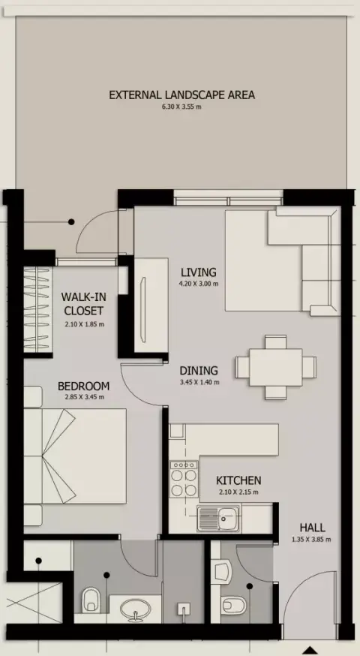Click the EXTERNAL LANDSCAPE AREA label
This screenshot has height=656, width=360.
pyautogui.click(x=182, y=95)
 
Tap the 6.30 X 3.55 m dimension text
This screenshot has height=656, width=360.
pyautogui.click(x=182, y=107)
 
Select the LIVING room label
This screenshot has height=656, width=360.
pyautogui.click(x=199, y=272)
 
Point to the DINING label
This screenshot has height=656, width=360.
pyautogui.click(x=199, y=371)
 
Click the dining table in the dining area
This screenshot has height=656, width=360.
pyautogui.click(x=275, y=367)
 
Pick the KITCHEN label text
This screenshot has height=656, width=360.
pyautogui.click(x=238, y=480)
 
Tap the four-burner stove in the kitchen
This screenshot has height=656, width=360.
pyautogui.click(x=184, y=479)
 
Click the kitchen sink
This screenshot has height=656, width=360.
pyautogui.click(x=218, y=519)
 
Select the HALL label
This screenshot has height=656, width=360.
pyautogui.click(x=312, y=528)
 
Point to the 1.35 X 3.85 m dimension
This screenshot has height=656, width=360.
pyautogui.click(x=311, y=540)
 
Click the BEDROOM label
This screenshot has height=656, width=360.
pyautogui.click(x=83, y=386)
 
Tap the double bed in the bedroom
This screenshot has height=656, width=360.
pyautogui.click(x=75, y=456)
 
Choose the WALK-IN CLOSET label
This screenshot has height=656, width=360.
pyautogui.click(x=83, y=304)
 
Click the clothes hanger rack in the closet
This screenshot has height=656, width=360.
pyautogui.click(x=37, y=310)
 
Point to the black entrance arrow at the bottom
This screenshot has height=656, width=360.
pyautogui.click(x=310, y=651)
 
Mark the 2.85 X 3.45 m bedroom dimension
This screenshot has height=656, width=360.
pyautogui.click(x=84, y=398)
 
